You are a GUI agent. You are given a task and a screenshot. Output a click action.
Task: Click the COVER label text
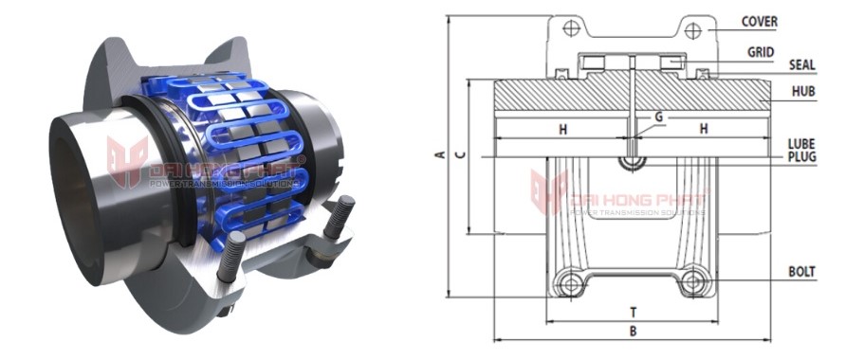[760, 20]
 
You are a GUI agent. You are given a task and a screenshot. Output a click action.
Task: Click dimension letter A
[437, 154]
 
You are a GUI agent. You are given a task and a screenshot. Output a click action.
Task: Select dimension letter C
[459, 154]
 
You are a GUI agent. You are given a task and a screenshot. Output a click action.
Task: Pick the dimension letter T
[632, 311]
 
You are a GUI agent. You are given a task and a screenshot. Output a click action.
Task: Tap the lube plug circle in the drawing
[632, 161]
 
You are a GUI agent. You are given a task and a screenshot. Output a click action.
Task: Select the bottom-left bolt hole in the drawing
[569, 282]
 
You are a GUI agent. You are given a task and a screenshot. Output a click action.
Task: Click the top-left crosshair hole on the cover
[571, 28]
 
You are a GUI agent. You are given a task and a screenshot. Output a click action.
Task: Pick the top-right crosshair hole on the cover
[693, 30]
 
